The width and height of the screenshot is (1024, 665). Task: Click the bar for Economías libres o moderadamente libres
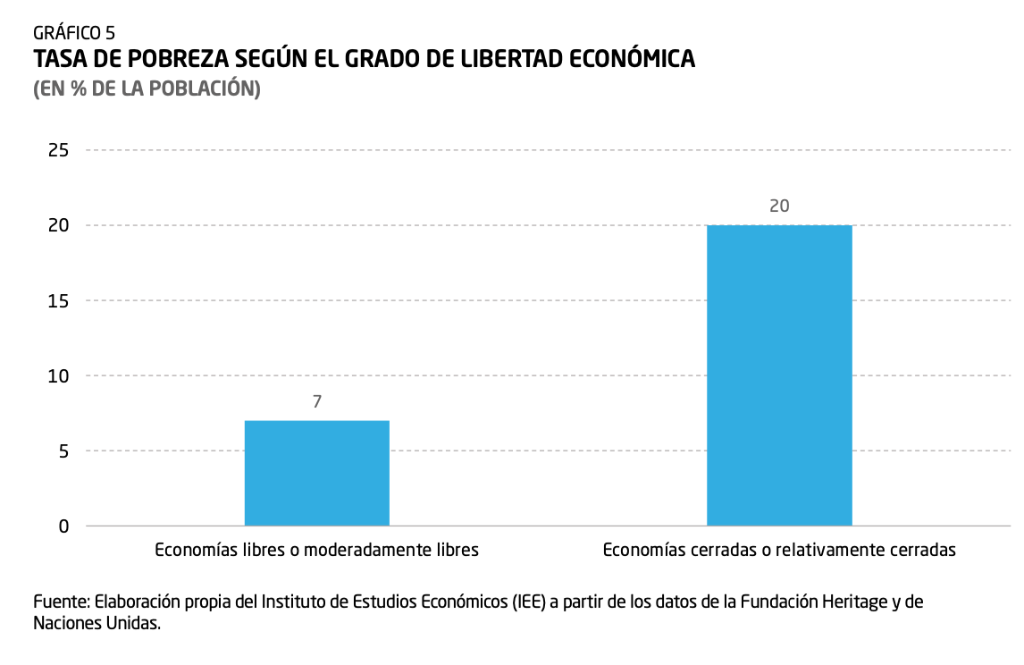click(317, 473)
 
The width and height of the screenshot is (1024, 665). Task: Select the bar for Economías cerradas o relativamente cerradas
click(779, 375)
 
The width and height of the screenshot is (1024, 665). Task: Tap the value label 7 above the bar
click(317, 402)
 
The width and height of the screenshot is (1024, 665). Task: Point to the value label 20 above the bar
click(779, 206)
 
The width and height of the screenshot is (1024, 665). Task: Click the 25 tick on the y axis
click(58, 150)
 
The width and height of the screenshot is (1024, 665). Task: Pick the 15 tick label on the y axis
click(58, 300)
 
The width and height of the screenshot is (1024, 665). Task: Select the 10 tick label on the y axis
click(58, 375)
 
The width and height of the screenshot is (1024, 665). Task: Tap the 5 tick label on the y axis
click(63, 450)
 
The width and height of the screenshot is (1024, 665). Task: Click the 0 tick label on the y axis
click(63, 526)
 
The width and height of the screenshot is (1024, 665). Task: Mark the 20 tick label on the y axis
click(58, 225)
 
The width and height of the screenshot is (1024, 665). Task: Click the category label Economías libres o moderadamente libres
click(317, 551)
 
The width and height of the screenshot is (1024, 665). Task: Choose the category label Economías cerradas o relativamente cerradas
click(779, 551)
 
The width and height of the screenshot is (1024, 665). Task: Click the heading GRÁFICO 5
click(74, 34)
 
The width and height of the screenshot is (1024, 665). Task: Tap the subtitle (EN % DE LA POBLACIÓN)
click(147, 89)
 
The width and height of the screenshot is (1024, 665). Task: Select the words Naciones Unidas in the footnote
click(97, 624)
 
